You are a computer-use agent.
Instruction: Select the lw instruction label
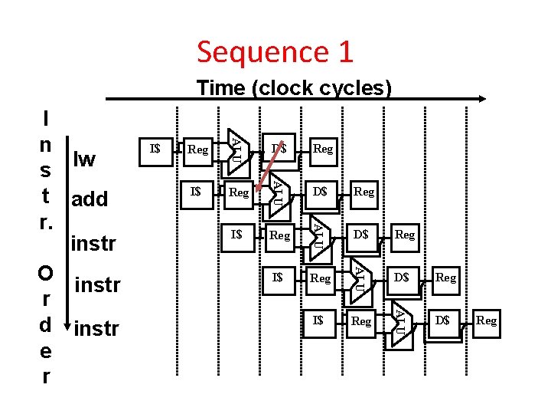(83, 159)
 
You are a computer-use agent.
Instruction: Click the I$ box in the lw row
(155, 148)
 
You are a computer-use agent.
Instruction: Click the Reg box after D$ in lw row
(323, 149)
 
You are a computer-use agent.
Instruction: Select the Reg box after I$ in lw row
(198, 149)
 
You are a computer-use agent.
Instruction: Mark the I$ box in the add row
(197, 191)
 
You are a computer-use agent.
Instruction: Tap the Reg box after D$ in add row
(364, 192)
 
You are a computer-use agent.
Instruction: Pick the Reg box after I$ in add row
(239, 192)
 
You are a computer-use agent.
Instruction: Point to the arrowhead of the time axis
(483, 99)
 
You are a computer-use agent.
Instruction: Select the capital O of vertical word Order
(46, 274)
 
